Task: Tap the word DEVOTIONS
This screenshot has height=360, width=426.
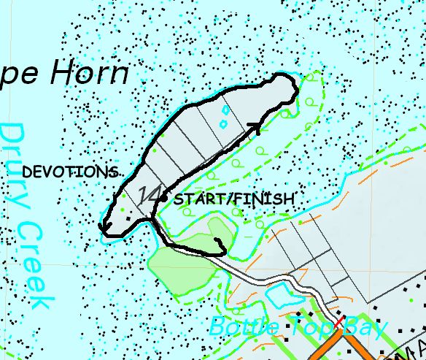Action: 70,172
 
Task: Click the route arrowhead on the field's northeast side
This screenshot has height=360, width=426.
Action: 255,128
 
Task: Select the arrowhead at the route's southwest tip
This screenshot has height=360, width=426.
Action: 103,230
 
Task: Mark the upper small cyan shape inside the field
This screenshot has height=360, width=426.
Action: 225,110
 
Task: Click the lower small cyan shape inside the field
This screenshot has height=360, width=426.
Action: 222,124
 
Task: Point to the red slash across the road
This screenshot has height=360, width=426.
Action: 339,323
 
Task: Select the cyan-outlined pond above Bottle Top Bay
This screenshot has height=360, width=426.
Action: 279,295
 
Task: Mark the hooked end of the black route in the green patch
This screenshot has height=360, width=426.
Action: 220,242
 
